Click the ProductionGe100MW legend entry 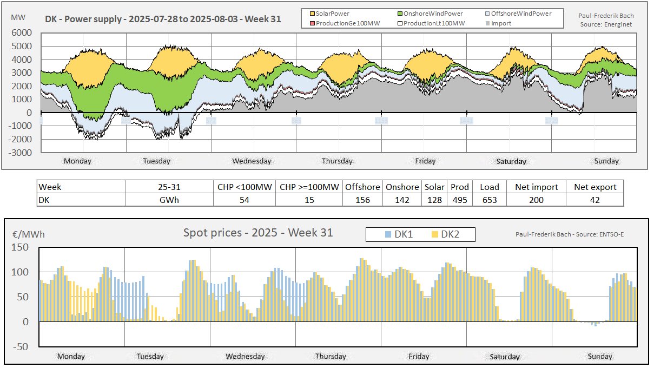[341, 23]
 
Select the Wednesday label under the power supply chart [252, 161]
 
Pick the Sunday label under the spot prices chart [599, 356]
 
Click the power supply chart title [163, 19]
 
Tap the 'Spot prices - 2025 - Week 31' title [258, 233]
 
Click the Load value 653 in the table [489, 200]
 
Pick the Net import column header [536, 187]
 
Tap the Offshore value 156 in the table [362, 200]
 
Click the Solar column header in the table [434, 187]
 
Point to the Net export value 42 [595, 200]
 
